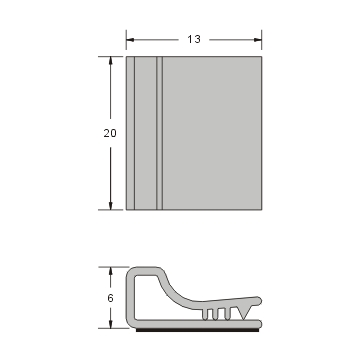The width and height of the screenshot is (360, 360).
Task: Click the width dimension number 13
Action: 193,39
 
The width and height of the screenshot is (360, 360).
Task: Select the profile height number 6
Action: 111,297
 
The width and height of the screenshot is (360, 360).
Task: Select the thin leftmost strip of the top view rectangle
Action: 129,132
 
